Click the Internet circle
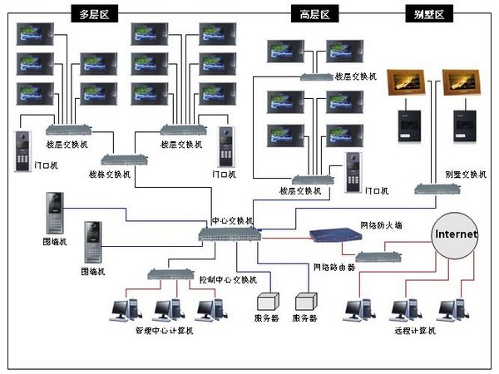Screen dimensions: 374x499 click(455, 234)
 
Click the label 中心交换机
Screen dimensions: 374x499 click(231, 222)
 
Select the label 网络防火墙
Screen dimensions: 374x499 click(380, 225)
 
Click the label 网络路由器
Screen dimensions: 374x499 click(333, 267)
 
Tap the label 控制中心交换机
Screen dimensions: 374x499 click(227, 279)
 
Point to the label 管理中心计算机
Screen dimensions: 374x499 click(164, 331)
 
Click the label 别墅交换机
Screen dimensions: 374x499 click(466, 175)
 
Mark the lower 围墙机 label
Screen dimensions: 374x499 click(93, 272)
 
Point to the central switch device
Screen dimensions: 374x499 click(229, 234)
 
